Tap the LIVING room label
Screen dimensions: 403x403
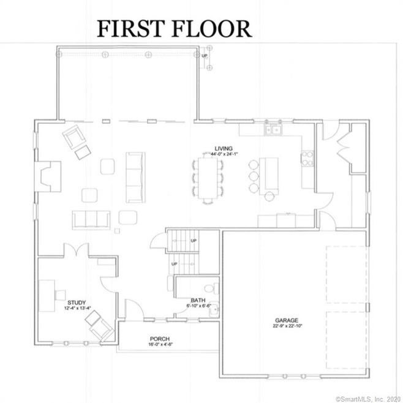[222, 148]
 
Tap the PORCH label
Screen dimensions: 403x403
[159, 339]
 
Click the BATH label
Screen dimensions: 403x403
[197, 299]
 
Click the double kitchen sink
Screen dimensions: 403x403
[272, 129]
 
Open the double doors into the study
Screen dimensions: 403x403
[77, 251]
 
